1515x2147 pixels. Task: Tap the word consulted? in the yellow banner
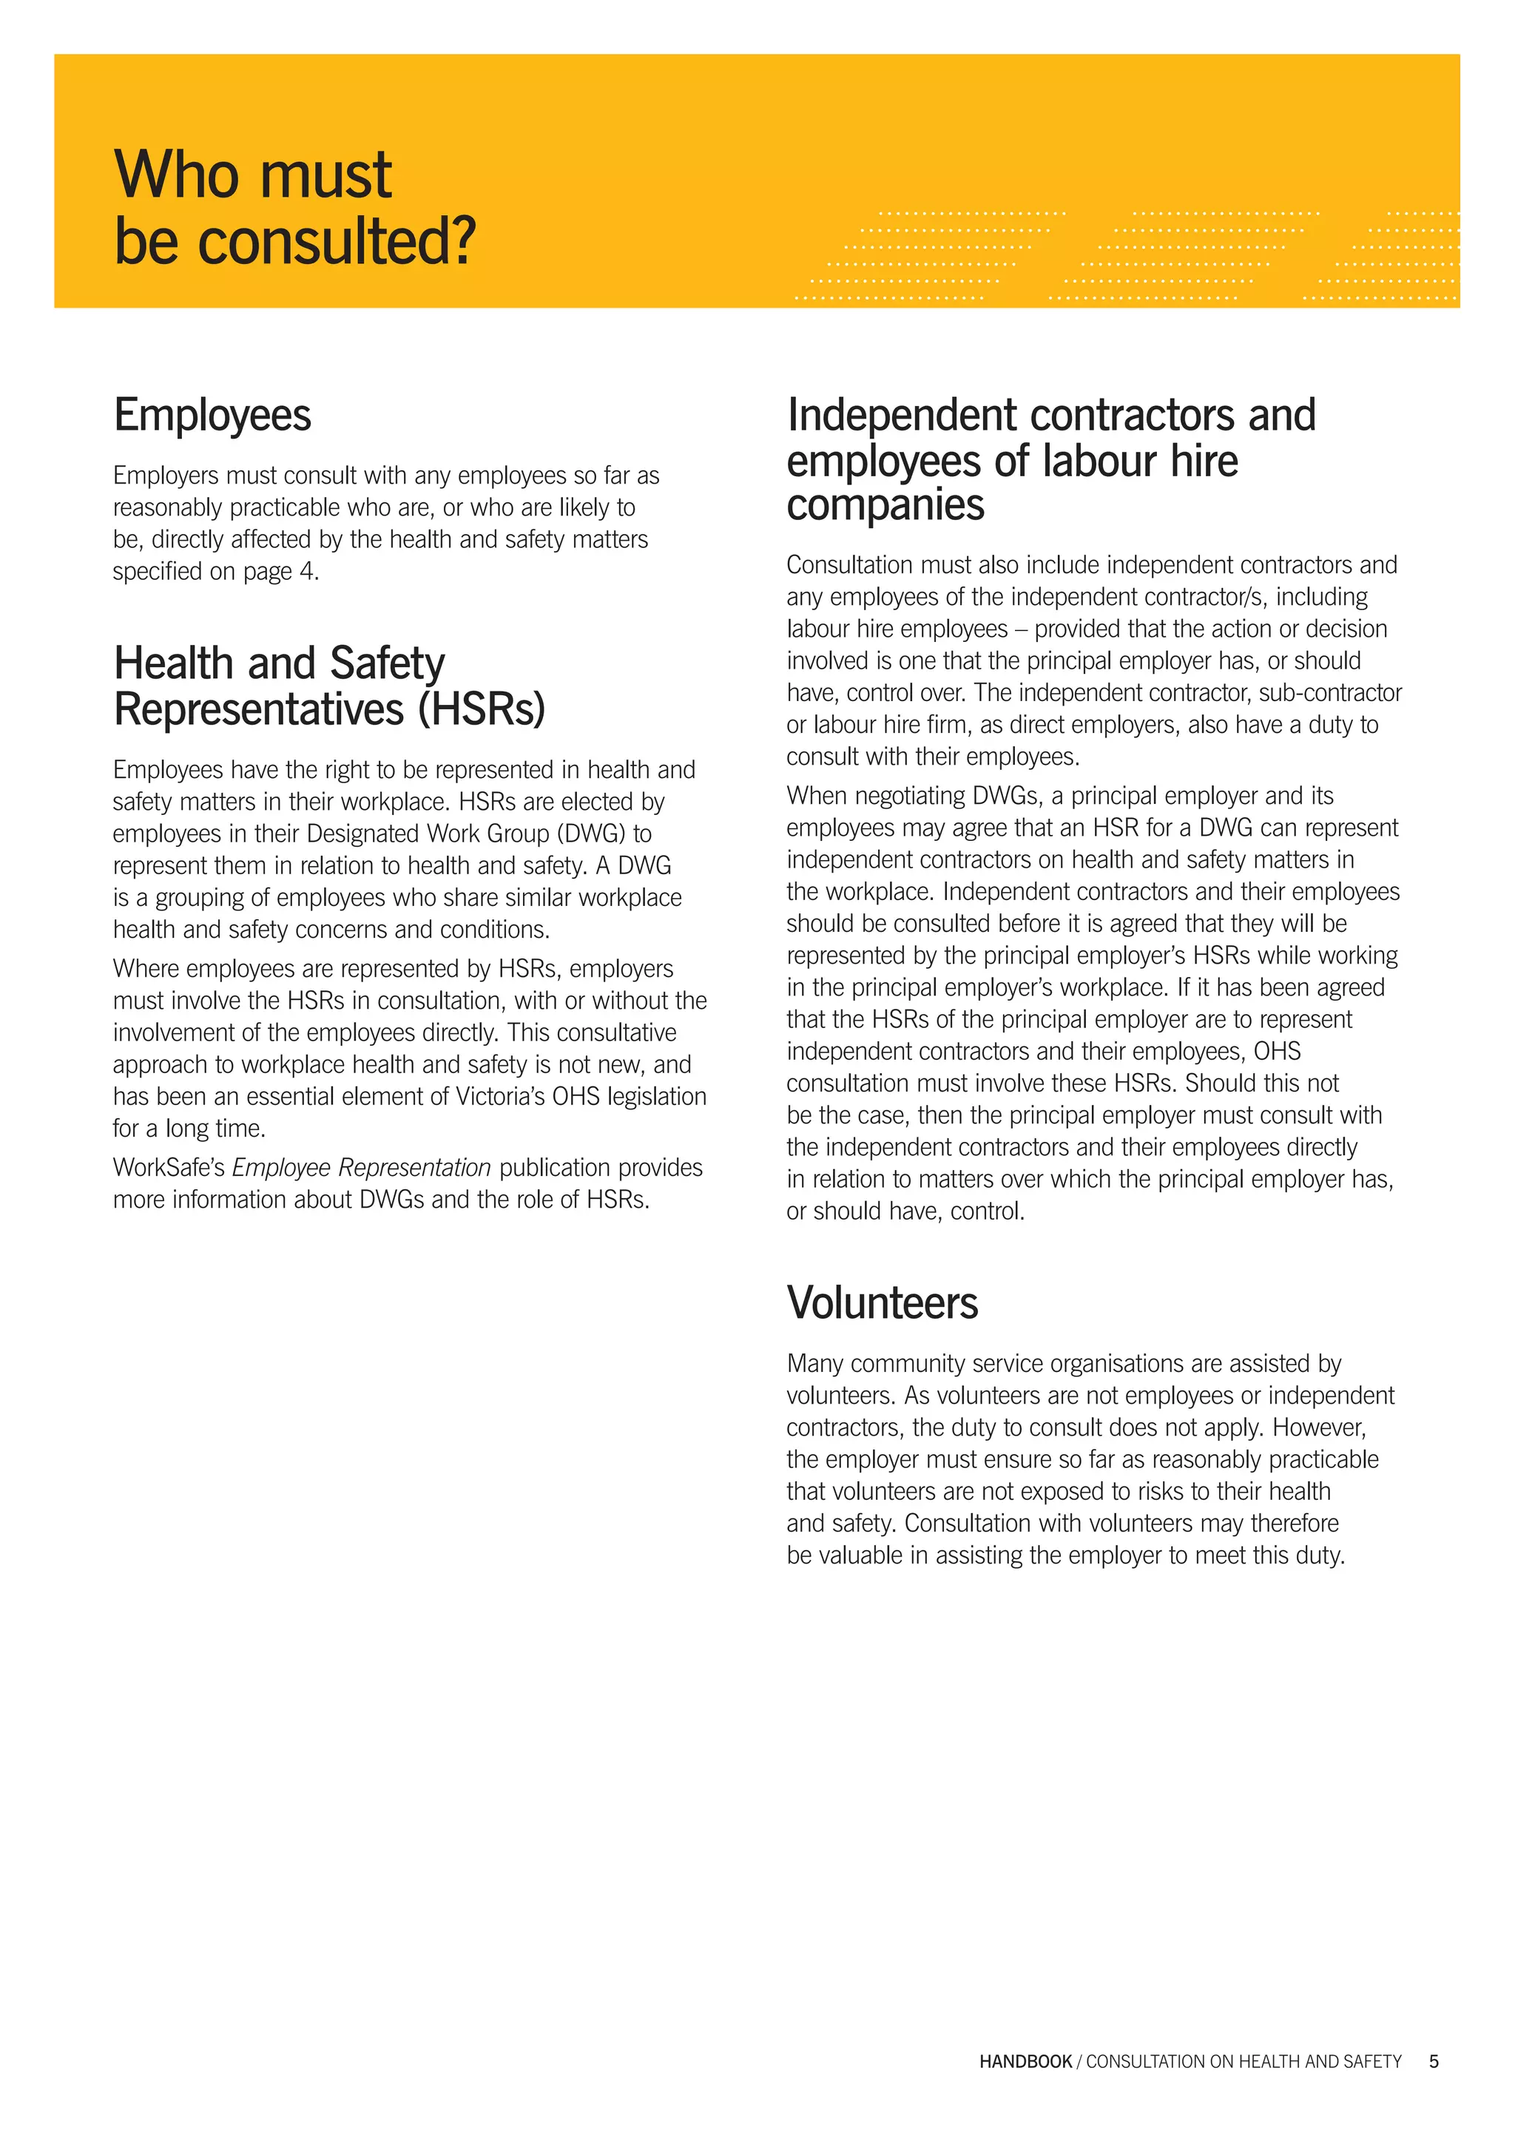[337, 241]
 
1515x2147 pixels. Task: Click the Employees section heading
[212, 415]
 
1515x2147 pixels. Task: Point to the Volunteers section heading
[882, 1302]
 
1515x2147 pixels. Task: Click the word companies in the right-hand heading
[885, 505]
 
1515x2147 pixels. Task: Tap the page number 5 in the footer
[1434, 2061]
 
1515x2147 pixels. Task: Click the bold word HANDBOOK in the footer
[1025, 2061]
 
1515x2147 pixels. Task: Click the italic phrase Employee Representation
[361, 1168]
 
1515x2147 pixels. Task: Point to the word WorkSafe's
[169, 1168]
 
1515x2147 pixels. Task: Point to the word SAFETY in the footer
[1373, 2061]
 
